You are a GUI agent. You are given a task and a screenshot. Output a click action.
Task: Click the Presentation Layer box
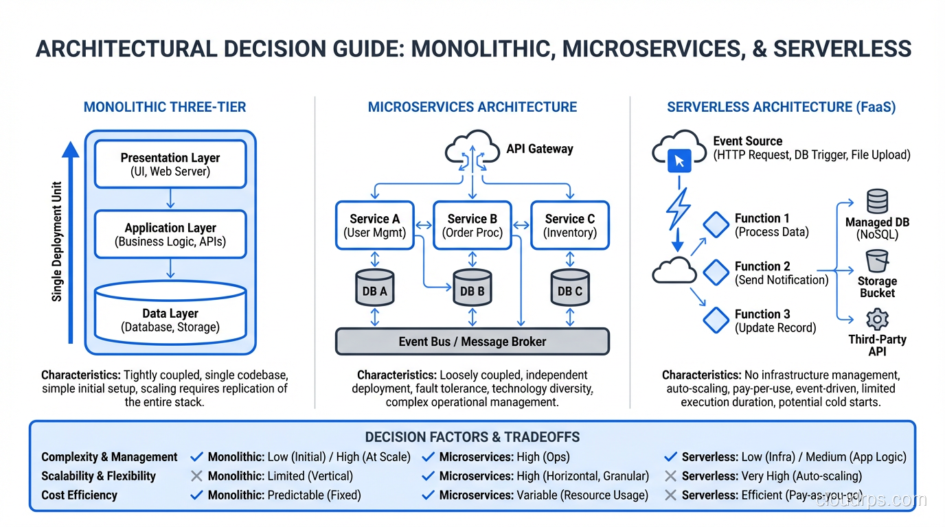[x=170, y=164]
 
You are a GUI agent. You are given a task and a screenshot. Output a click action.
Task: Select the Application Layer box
[x=170, y=234]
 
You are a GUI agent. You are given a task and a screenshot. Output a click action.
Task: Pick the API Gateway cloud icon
[x=473, y=150]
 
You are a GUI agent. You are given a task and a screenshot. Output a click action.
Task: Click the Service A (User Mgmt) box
[x=374, y=226]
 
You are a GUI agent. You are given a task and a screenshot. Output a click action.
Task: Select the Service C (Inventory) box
[x=569, y=226]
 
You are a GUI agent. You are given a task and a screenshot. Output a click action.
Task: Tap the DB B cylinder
[x=472, y=288]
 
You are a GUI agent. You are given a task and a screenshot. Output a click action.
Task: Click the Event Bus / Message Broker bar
[x=472, y=341]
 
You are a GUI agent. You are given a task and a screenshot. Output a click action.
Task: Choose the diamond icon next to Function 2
[x=716, y=272]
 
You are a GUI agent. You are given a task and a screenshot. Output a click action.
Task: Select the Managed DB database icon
[x=877, y=202]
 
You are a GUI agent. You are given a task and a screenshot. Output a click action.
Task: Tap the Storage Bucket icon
[x=877, y=261]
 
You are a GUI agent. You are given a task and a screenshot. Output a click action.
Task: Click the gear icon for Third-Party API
[x=877, y=320]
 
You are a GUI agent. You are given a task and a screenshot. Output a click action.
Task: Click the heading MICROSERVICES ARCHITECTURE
[x=472, y=107]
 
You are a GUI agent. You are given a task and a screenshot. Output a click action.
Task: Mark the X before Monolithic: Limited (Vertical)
[x=196, y=476]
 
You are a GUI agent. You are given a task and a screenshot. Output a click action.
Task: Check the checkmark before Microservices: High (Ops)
[x=428, y=457]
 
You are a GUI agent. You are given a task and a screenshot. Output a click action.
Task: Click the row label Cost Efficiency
[x=79, y=495]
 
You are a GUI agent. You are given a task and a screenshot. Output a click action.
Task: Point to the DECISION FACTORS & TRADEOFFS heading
[x=472, y=437]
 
